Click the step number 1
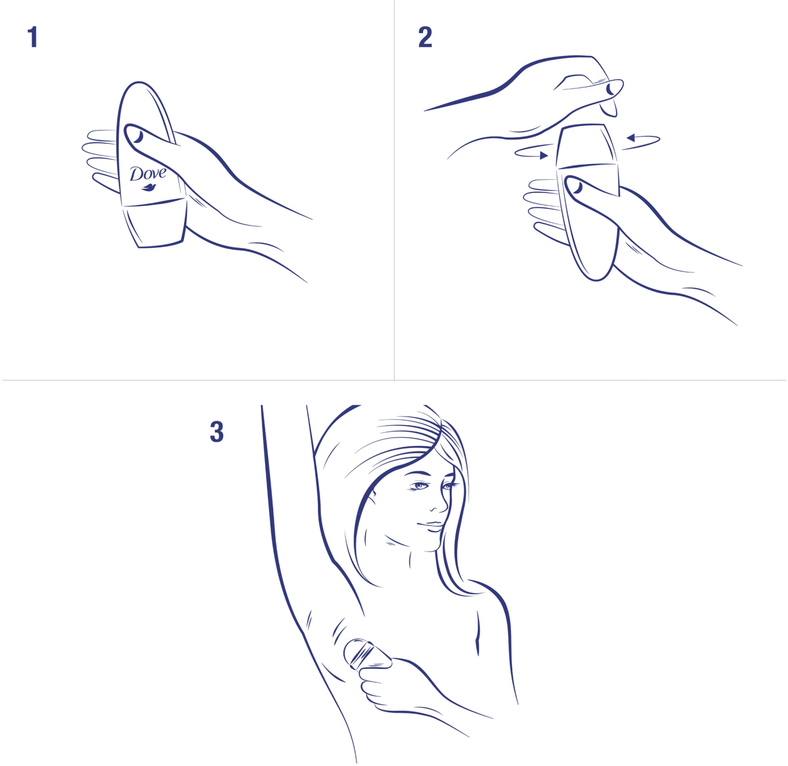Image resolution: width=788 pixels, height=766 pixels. pos(33,37)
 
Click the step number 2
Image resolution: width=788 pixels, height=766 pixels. pos(425,37)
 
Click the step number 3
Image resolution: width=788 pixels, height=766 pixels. pos(216,432)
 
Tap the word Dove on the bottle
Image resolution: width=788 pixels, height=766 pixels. pos(148,174)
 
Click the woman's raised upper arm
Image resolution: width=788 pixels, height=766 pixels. pos(286,499)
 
